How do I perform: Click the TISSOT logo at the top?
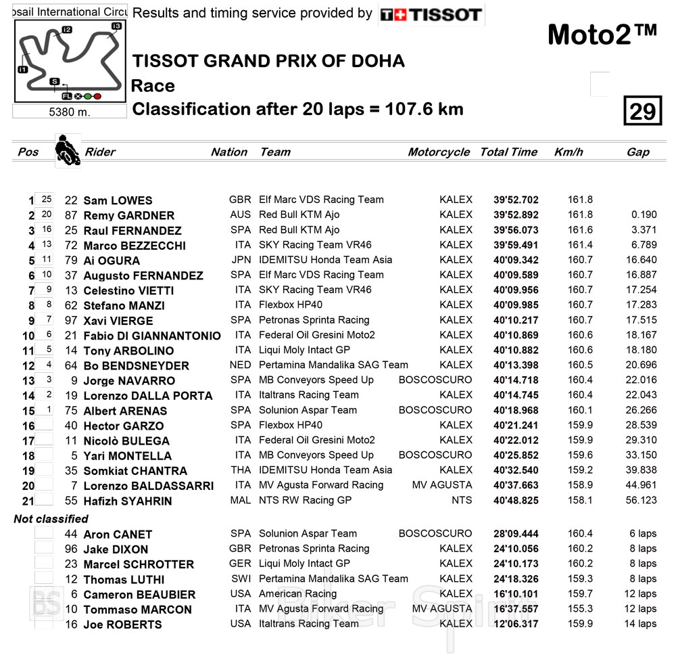tap(431, 14)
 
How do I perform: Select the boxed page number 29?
tap(642, 111)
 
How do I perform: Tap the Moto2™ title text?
tap(602, 35)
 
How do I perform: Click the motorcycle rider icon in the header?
tap(67, 150)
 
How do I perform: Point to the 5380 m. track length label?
tap(70, 112)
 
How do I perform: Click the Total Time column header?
tap(508, 152)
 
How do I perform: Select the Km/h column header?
tap(568, 152)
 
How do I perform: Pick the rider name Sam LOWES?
tap(118, 200)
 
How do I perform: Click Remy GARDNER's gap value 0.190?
tap(644, 215)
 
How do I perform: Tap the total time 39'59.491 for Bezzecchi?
tap(516, 245)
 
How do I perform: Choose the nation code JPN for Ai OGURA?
tap(240, 260)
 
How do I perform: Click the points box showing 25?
tap(46, 200)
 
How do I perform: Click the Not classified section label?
tap(51, 519)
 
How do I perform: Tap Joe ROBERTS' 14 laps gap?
tap(639, 624)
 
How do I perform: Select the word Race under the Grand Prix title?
tap(153, 86)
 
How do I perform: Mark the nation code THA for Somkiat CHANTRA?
tap(240, 470)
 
